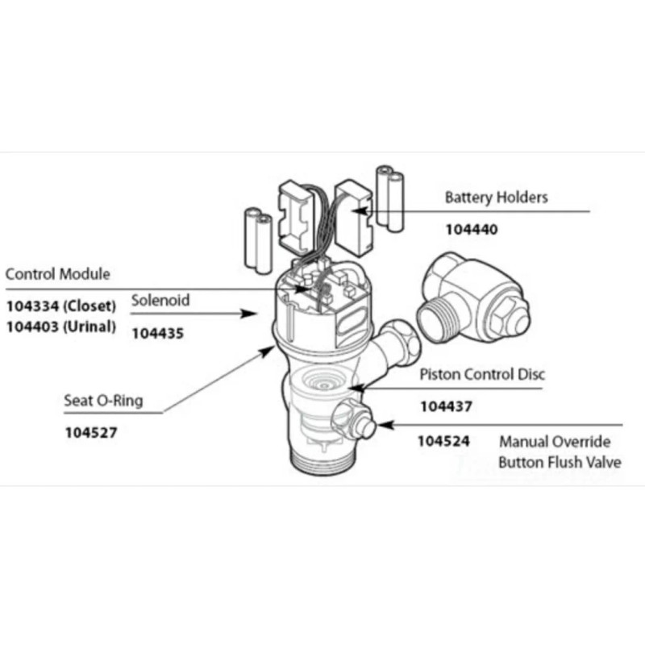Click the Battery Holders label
(496, 197)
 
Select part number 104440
(472, 229)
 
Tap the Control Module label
(57, 274)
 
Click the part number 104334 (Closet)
(61, 306)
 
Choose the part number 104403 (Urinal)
(61, 327)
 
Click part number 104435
(158, 332)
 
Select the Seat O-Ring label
(103, 400)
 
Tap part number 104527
(91, 432)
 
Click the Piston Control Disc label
(482, 374)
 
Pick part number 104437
(446, 407)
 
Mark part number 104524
(443, 442)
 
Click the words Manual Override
(555, 442)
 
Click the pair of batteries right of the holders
(392, 198)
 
